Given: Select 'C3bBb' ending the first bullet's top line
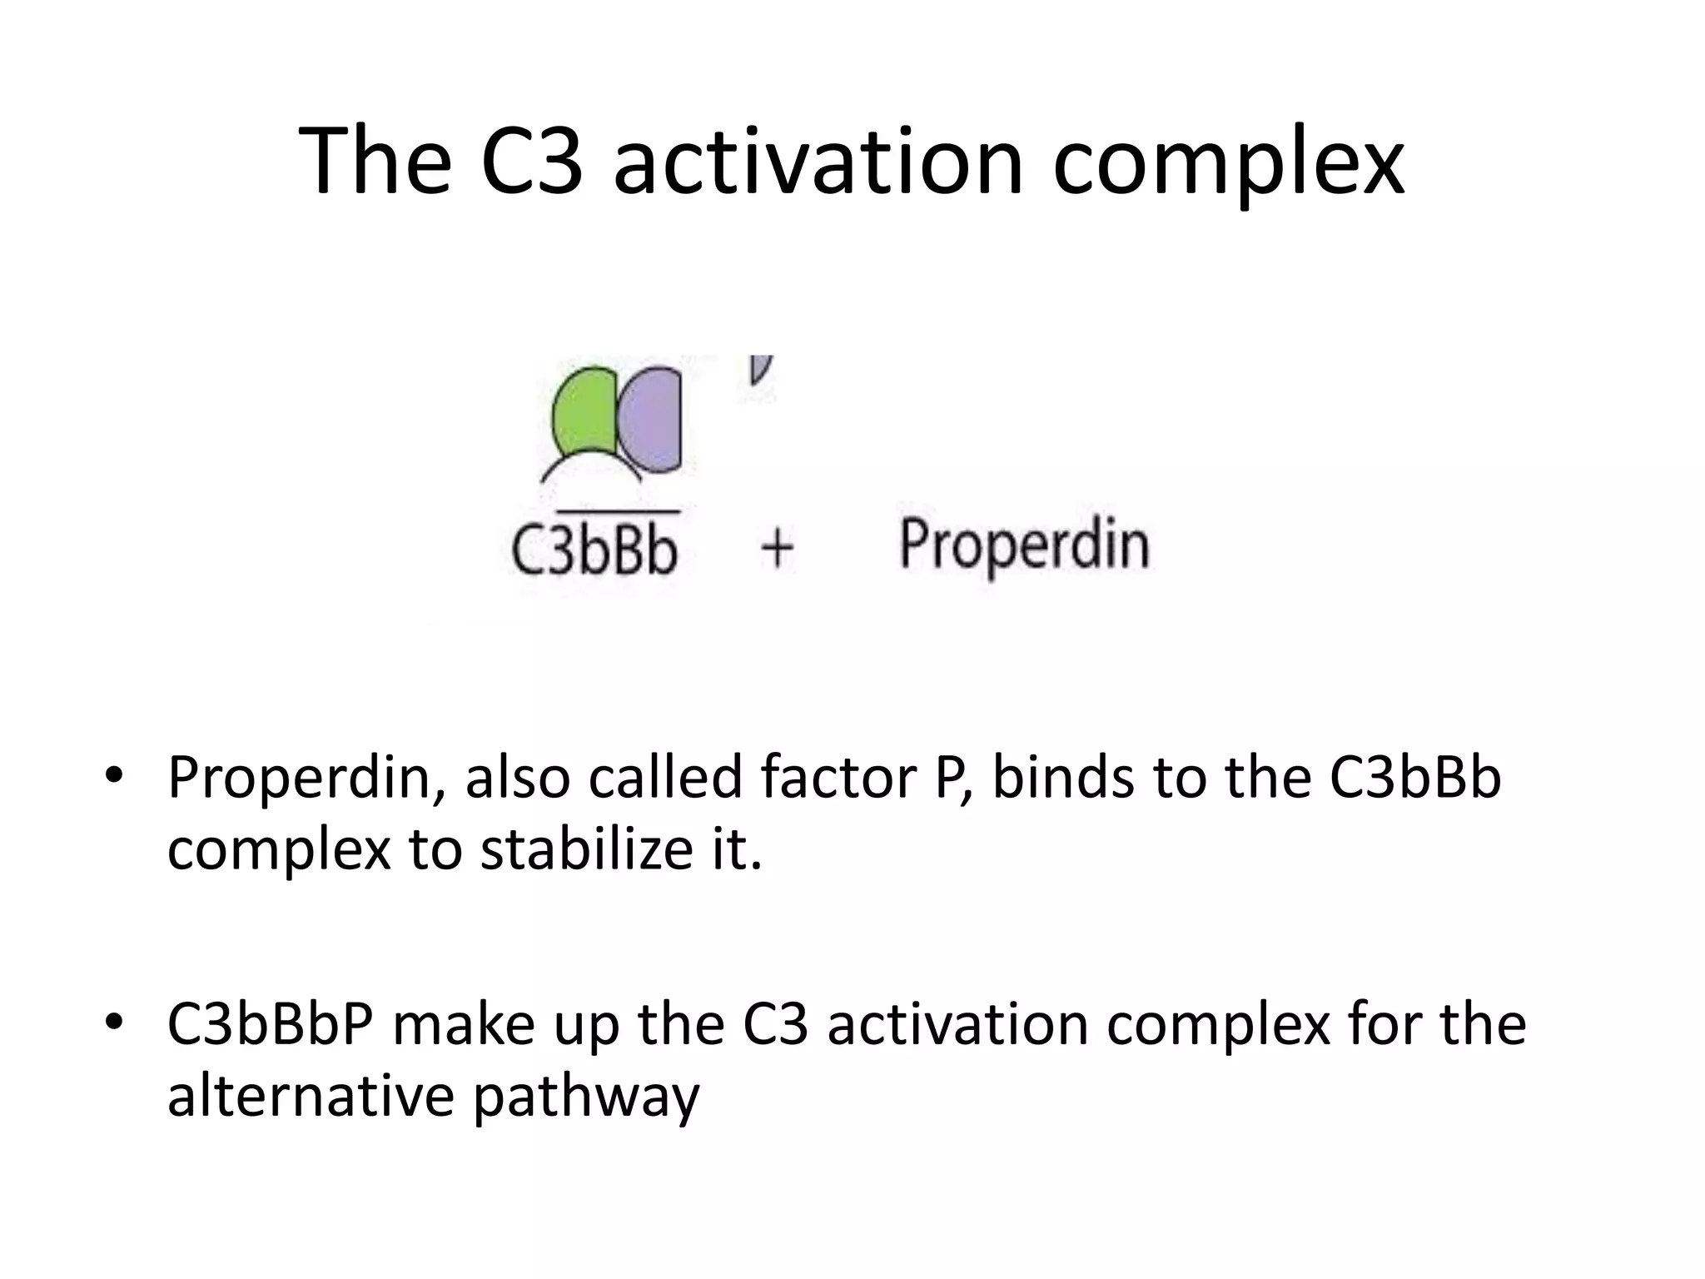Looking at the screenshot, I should tap(1415, 778).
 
